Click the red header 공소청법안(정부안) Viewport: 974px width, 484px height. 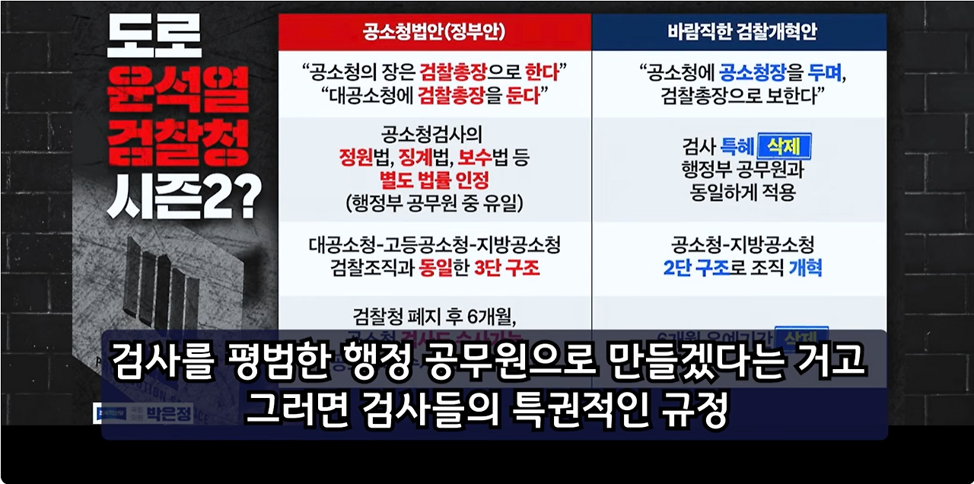434,33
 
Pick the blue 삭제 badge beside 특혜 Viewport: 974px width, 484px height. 784,145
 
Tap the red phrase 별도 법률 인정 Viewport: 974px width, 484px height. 434,180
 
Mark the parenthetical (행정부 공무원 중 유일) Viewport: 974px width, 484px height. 434,202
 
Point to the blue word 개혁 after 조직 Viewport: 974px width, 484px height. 804,268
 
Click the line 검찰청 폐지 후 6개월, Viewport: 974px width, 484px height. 434,314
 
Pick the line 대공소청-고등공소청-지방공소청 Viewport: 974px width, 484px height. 434,246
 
